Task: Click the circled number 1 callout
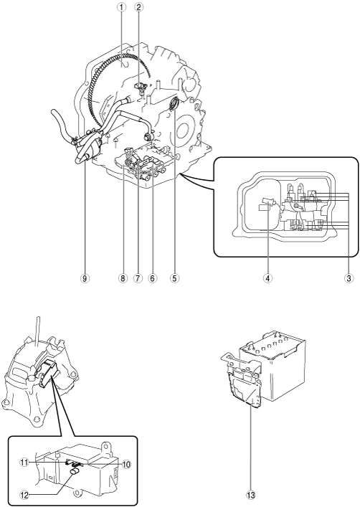tap(122, 7)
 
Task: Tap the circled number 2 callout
tap(138, 7)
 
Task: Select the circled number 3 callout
tap(348, 278)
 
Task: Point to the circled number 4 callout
tap(267, 278)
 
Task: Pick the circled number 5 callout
tap(175, 278)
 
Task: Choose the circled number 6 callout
tap(152, 278)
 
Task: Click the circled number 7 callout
tap(138, 278)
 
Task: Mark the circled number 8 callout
tap(123, 278)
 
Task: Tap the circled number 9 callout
tap(85, 278)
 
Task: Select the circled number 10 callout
tap(125, 465)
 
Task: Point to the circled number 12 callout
tap(24, 495)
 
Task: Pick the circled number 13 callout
tap(251, 495)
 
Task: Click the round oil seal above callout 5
tap(175, 103)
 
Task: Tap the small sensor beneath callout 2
tap(141, 87)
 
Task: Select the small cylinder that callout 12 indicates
tap(75, 473)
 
